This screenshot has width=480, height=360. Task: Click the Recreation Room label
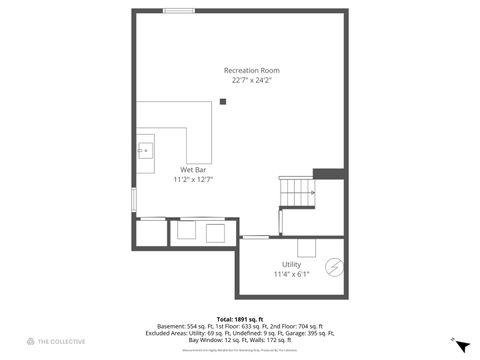(x=251, y=70)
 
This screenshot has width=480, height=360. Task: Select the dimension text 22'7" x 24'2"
(x=251, y=80)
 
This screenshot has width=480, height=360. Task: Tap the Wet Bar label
(x=193, y=170)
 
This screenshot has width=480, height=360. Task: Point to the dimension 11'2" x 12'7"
(x=193, y=179)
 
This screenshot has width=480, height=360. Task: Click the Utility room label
(x=291, y=264)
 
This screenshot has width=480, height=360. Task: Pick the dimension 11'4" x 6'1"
(x=291, y=274)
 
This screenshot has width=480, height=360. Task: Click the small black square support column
(x=224, y=100)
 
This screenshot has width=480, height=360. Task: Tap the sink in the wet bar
(x=146, y=151)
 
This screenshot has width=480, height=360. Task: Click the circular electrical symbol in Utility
(x=335, y=267)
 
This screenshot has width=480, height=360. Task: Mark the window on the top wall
(x=180, y=11)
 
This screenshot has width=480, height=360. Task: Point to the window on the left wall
(x=133, y=196)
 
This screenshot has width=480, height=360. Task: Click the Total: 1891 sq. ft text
(x=240, y=318)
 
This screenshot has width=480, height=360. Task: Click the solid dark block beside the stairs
(x=328, y=173)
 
